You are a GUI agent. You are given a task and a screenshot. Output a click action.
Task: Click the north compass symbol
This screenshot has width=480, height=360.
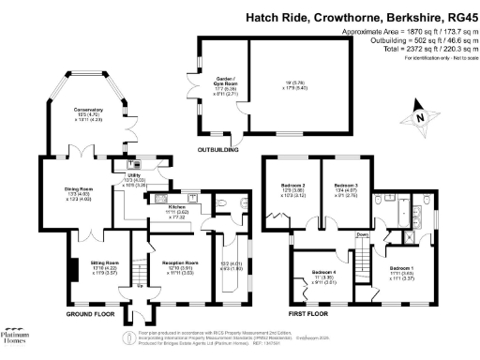pyautogui.click(x=422, y=118)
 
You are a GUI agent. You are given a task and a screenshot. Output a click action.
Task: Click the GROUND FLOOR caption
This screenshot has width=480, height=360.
pyautogui.click(x=91, y=312)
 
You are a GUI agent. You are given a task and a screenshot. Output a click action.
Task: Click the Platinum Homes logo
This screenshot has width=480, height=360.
pyautogui.click(x=22, y=337)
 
